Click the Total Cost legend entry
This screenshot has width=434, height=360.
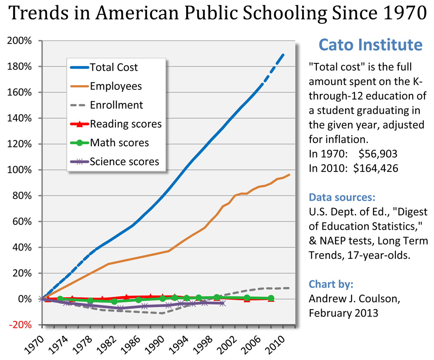pos(114,67)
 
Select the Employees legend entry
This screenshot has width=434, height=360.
pos(115,86)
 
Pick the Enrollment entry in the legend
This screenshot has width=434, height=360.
pos(116,105)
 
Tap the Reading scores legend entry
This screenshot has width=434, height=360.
pos(125,124)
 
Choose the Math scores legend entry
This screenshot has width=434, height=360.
pos(119,143)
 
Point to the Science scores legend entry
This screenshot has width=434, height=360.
pos(124,162)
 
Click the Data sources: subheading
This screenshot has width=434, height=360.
pos(342,198)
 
